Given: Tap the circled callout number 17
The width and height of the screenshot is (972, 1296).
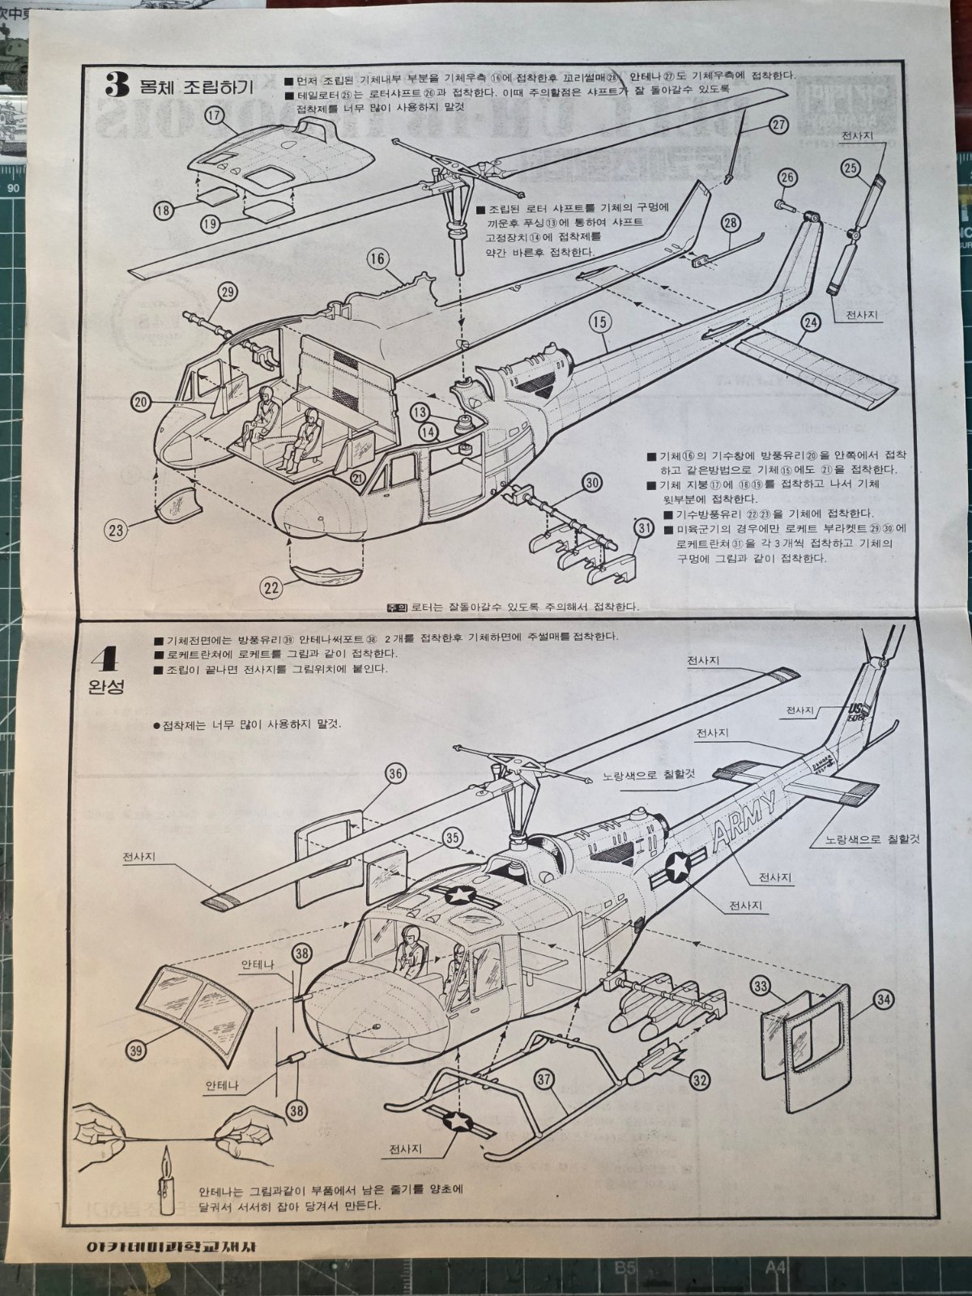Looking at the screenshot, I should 214,116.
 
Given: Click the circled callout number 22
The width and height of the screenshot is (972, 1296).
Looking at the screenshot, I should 272,586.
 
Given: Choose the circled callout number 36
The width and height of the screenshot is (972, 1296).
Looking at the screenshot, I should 395,774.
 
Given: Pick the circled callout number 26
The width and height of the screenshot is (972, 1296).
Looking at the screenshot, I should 786,179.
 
